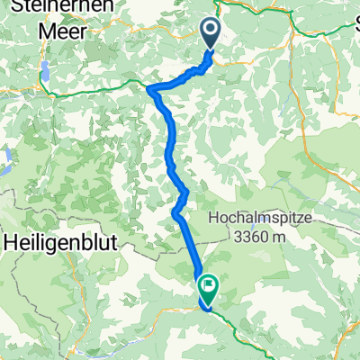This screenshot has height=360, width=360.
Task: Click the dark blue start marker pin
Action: tap(210, 34)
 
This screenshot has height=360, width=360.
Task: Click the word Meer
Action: tap(65, 30)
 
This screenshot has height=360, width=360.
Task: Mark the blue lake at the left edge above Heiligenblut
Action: tap(4, 162)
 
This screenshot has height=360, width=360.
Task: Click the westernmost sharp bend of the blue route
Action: tap(148, 89)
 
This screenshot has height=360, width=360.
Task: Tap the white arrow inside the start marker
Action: tap(210, 32)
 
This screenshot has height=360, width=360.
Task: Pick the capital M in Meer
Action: tap(48, 30)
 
